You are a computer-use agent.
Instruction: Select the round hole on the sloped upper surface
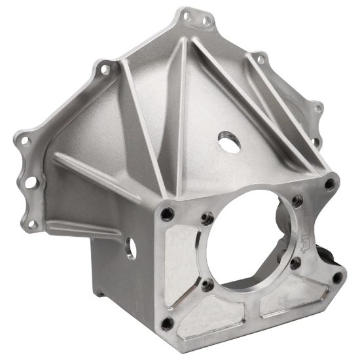coord(228,143)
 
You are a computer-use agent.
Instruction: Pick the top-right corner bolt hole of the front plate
coord(329,184)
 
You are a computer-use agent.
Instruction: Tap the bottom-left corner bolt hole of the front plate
coord(168,323)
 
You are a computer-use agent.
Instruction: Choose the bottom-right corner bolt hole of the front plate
coord(336,277)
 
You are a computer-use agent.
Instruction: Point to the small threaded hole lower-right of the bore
coord(296,263)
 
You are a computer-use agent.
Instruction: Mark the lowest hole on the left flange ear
coord(33,223)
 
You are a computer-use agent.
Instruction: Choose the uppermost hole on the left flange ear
coord(103,67)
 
